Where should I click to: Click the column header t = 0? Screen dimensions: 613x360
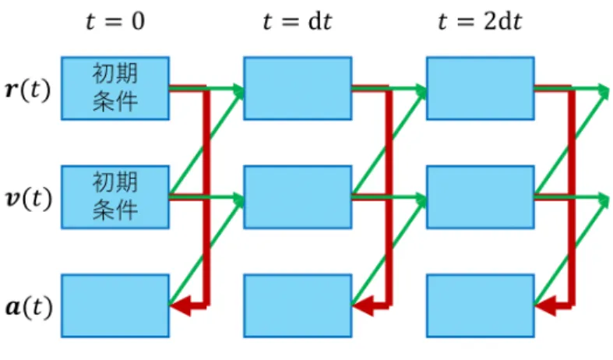pyautogui.click(x=115, y=21)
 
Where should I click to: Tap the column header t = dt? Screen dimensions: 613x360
pyautogui.click(x=298, y=21)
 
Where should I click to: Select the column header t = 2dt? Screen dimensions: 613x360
pyautogui.click(x=480, y=21)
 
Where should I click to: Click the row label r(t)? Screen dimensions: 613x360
pyautogui.click(x=28, y=90)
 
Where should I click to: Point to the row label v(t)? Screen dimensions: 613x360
pyautogui.click(x=29, y=198)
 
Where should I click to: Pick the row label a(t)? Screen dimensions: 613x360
pyautogui.click(x=29, y=306)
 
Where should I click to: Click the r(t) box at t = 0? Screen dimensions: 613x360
pyautogui.click(x=115, y=88)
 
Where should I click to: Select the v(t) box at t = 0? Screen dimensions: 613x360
pyautogui.click(x=115, y=197)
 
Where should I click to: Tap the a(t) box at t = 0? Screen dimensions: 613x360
pyautogui.click(x=115, y=306)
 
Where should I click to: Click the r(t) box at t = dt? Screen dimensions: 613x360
pyautogui.click(x=298, y=88)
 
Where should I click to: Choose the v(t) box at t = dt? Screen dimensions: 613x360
pyautogui.click(x=298, y=197)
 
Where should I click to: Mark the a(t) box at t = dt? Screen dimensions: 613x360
pyautogui.click(x=298, y=306)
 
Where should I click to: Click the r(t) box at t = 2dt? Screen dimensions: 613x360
pyautogui.click(x=481, y=88)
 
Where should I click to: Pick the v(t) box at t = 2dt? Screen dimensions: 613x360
pyautogui.click(x=481, y=197)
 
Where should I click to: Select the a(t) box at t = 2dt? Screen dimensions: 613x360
pyautogui.click(x=481, y=306)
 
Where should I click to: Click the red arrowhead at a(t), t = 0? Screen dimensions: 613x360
pyautogui.click(x=181, y=305)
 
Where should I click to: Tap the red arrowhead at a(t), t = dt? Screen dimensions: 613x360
pyautogui.click(x=363, y=305)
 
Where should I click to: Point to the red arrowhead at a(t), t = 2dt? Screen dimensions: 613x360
pyautogui.click(x=546, y=305)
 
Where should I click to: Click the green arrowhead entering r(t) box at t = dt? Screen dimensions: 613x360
pyautogui.click(x=238, y=90)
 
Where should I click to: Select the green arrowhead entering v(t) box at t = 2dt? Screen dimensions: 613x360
pyautogui.click(x=421, y=199)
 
